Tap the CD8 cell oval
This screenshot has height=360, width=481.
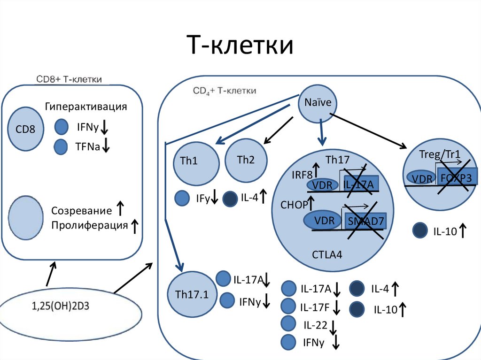(26, 128)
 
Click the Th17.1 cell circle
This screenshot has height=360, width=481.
(192, 295)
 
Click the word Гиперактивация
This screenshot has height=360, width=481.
(86, 107)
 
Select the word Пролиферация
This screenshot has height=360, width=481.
(90, 225)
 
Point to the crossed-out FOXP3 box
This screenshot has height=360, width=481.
(458, 178)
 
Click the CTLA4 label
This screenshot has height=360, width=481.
(327, 255)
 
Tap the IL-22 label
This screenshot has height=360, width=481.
(315, 325)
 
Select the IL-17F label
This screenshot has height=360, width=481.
(315, 307)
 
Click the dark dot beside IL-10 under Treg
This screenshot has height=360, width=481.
(419, 230)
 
